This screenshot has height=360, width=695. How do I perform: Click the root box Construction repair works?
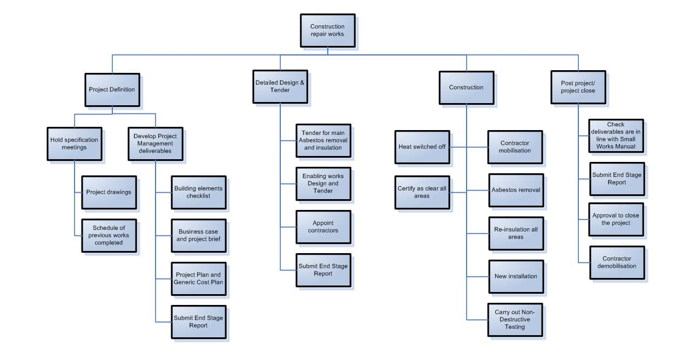coord(327,30)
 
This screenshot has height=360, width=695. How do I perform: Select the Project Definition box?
coord(112,90)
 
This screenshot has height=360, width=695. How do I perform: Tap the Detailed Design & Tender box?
coord(280,86)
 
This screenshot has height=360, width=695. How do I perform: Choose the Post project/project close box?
coord(577,87)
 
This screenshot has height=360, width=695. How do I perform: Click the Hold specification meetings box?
coord(74,144)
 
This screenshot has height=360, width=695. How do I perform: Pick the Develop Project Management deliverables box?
coord(155,144)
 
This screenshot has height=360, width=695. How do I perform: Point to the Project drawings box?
coord(109,192)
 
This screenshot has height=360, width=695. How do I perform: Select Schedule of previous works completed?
coord(109,235)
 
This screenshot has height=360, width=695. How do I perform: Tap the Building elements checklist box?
coord(198,192)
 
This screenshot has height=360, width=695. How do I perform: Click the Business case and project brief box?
coord(198,235)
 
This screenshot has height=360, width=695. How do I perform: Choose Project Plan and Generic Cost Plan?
coord(198,279)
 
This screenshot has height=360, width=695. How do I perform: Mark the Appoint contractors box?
coord(323,227)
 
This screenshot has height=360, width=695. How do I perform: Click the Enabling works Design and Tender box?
coord(323,184)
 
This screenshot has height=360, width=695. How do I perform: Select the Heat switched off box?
coord(422,147)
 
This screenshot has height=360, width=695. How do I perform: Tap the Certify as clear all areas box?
coord(422,192)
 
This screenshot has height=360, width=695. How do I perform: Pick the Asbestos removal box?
coord(516,190)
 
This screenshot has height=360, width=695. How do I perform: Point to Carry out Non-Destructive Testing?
coord(516,320)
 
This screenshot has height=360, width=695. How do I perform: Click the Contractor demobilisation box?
coord(616,262)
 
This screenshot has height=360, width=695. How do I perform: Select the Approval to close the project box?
coord(616,219)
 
